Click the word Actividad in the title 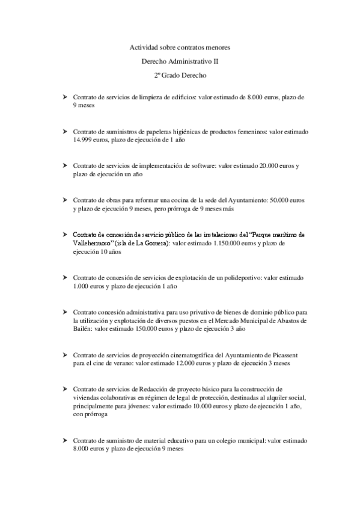(x=142, y=47)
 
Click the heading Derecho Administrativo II (x=180, y=61)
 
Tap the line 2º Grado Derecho (x=180, y=76)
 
